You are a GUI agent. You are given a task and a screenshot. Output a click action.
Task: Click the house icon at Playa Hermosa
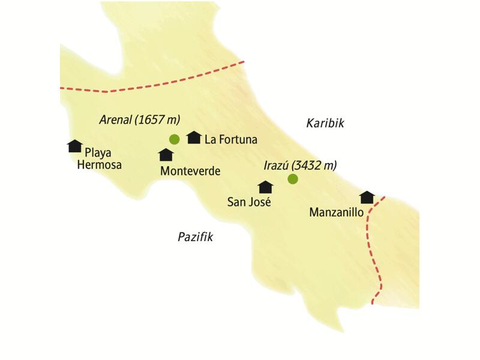[x=74, y=146]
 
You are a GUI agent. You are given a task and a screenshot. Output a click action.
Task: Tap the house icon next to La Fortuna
[x=193, y=137]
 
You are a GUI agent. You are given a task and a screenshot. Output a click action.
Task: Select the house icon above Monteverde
[x=166, y=155]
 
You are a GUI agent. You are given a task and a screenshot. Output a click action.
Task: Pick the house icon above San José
[x=265, y=187]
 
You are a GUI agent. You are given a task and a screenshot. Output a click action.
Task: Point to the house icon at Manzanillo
[x=367, y=197]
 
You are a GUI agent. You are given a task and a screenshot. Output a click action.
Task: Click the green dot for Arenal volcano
[x=175, y=139]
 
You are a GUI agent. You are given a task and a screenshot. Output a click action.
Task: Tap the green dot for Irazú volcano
[x=293, y=179]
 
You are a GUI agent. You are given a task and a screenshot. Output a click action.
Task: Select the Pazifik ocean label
[x=196, y=237]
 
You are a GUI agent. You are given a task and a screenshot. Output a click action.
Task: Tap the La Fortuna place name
[x=231, y=140]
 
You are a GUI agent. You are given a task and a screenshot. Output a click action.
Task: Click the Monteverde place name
[x=190, y=172]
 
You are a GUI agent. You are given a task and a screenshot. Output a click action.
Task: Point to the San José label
[x=249, y=202]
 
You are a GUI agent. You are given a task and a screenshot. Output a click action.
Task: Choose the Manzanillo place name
[x=337, y=212]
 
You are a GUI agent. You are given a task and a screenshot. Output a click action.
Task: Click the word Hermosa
[x=100, y=164]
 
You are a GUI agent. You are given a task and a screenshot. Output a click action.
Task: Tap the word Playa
[x=98, y=152]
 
